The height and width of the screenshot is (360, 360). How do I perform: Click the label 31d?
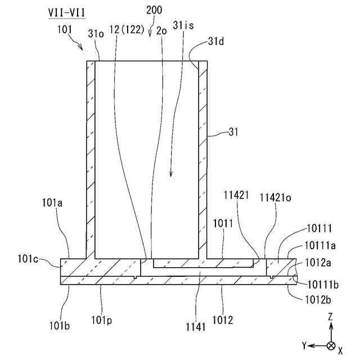tap(215, 42)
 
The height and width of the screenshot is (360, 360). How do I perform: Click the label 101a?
tap(66, 200)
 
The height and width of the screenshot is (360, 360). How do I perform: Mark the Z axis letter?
tap(331, 318)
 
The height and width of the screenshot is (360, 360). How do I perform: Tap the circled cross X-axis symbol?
tap(331, 345)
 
